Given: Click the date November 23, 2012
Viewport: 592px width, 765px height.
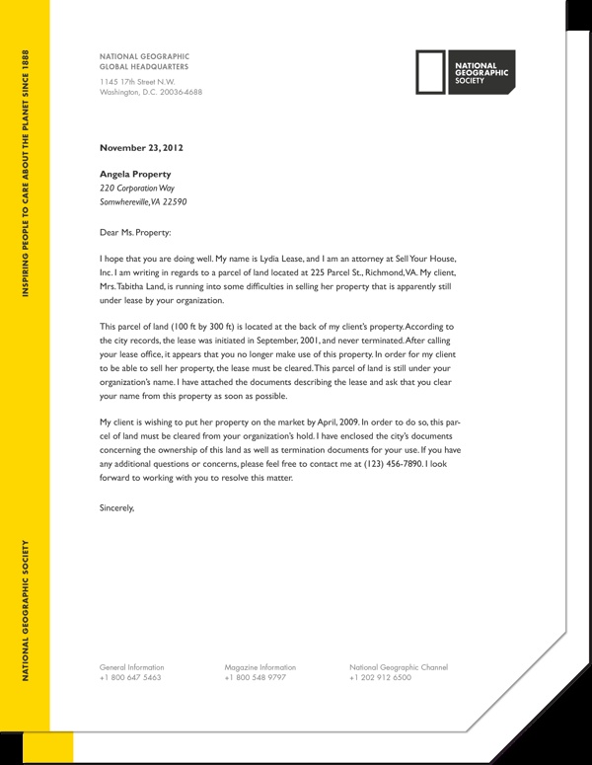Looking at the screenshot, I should pyautogui.click(x=141, y=148).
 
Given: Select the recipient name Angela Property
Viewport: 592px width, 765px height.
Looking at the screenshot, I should pyautogui.click(x=143, y=174).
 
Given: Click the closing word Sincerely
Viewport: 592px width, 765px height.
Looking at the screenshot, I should pyautogui.click(x=116, y=508).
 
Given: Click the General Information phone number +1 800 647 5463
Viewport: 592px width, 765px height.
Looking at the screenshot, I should pyautogui.click(x=130, y=679).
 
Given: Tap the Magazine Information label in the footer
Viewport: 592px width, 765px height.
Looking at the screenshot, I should pyautogui.click(x=259, y=667).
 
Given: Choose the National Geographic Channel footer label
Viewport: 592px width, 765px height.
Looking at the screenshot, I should pyautogui.click(x=398, y=667).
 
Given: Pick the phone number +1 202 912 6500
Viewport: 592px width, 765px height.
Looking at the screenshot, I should pyautogui.click(x=381, y=679).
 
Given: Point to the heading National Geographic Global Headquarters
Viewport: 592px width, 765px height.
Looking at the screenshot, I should pyautogui.click(x=144, y=62).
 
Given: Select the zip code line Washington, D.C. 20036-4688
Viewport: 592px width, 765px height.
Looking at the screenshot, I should pyautogui.click(x=151, y=92).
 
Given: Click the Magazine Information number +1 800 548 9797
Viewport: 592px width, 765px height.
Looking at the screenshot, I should pyautogui.click(x=255, y=679).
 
